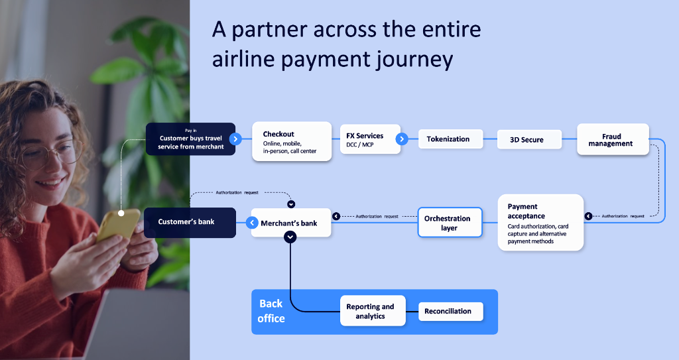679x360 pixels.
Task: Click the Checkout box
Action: pyautogui.click(x=291, y=141)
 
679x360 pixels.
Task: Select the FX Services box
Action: pyautogui.click(x=369, y=139)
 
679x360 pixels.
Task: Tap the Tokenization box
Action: pyautogui.click(x=448, y=139)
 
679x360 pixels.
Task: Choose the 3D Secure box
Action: pyautogui.click(x=528, y=140)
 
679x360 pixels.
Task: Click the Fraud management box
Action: pyautogui.click(x=611, y=140)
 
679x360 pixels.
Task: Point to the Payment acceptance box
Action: pyautogui.click(x=540, y=222)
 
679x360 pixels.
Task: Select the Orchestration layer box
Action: pyautogui.click(x=448, y=223)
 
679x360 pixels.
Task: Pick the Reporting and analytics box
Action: pyautogui.click(x=371, y=311)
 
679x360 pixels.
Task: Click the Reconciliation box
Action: pyautogui.click(x=450, y=311)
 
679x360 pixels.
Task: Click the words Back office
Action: pyautogui.click(x=271, y=311)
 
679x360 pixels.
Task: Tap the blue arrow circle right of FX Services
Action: pyautogui.click(x=402, y=139)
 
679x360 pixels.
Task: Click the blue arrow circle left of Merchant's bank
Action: pyautogui.click(x=253, y=223)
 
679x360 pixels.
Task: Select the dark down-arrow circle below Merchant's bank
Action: pyautogui.click(x=290, y=237)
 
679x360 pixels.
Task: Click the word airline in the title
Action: pyautogui.click(x=242, y=59)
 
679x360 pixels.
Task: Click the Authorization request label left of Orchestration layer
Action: pyautogui.click(x=377, y=216)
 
